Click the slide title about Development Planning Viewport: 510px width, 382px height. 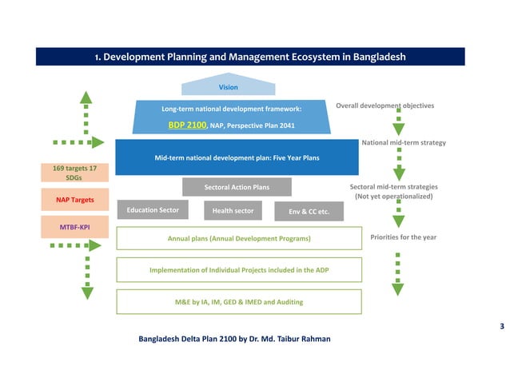point(250,58)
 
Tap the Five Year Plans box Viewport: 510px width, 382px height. point(237,157)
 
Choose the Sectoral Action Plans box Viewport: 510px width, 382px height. point(237,187)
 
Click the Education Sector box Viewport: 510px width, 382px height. point(153,209)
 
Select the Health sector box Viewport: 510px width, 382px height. point(233,211)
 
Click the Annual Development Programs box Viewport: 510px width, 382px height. point(238,238)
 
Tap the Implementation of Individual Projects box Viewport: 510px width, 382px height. point(238,270)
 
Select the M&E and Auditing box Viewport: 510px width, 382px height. point(238,302)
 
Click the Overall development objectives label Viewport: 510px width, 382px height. point(384,105)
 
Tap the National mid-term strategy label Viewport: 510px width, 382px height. point(403,142)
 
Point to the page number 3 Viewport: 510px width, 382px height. point(501,326)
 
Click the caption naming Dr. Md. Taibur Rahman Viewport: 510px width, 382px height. point(234,339)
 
